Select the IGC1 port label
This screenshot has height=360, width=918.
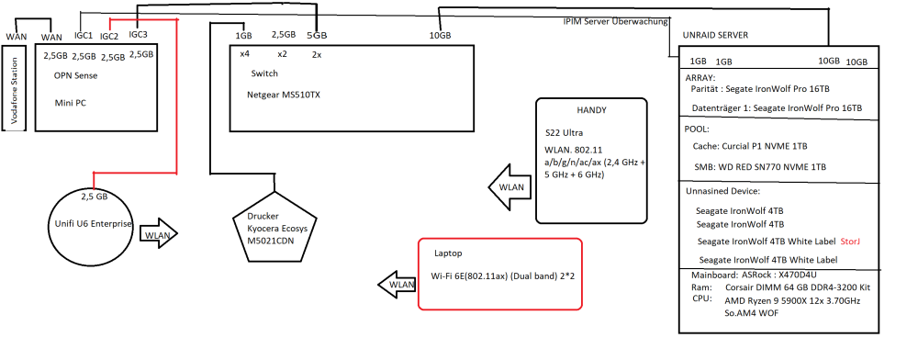[84, 35]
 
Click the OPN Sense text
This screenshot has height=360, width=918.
[75, 75]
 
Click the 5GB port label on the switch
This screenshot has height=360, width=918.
[317, 36]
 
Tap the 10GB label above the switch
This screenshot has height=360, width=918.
[441, 36]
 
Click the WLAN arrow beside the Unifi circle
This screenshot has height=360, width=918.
[159, 235]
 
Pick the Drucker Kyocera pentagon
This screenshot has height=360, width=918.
[274, 226]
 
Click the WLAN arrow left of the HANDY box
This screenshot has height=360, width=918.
[509, 187]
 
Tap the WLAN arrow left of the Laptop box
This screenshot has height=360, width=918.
[397, 285]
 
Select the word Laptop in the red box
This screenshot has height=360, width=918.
[448, 253]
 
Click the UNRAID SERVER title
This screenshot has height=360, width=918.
[715, 36]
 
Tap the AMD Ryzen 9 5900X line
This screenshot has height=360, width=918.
[793, 300]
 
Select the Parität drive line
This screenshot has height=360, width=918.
[760, 89]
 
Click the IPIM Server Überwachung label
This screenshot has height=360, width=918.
[615, 22]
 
